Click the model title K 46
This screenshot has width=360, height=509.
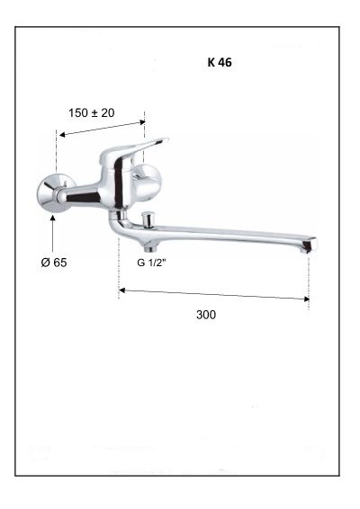(220, 62)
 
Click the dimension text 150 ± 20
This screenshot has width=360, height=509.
(91, 113)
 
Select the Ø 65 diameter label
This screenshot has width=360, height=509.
(54, 263)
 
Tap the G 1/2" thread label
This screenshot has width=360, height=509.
(151, 263)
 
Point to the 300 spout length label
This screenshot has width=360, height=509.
(206, 315)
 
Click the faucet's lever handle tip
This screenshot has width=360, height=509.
(165, 140)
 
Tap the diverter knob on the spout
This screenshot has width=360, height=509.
(148, 219)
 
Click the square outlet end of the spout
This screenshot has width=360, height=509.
(309, 245)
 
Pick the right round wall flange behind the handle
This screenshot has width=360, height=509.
(148, 183)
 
